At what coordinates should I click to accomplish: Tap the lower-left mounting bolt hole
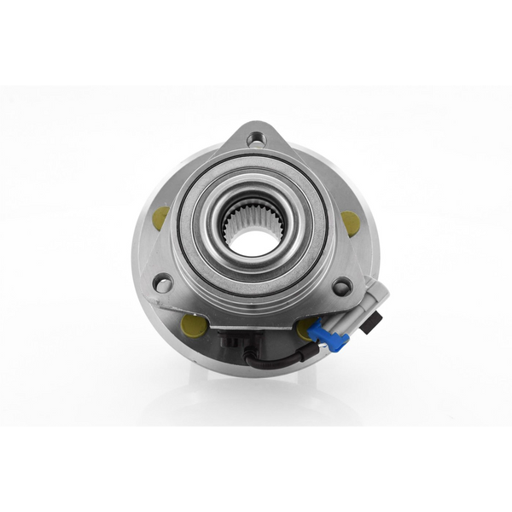162,282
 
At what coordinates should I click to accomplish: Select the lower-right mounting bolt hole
342,287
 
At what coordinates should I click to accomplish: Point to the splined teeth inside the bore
232,224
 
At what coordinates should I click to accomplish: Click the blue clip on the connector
329,334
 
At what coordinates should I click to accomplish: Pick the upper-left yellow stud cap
160,218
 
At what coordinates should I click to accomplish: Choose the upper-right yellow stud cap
350,223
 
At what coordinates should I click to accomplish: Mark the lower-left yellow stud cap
192,323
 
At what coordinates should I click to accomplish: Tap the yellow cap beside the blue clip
305,328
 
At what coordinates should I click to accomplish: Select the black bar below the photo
256,469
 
